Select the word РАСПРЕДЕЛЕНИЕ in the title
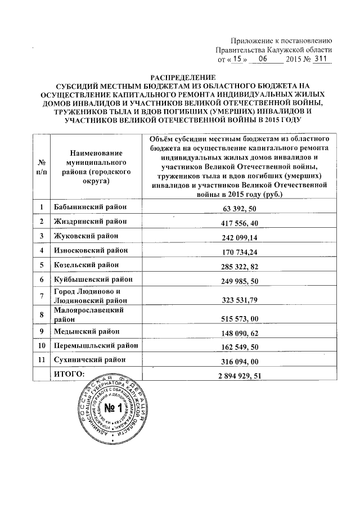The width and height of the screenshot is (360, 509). coord(181,76)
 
